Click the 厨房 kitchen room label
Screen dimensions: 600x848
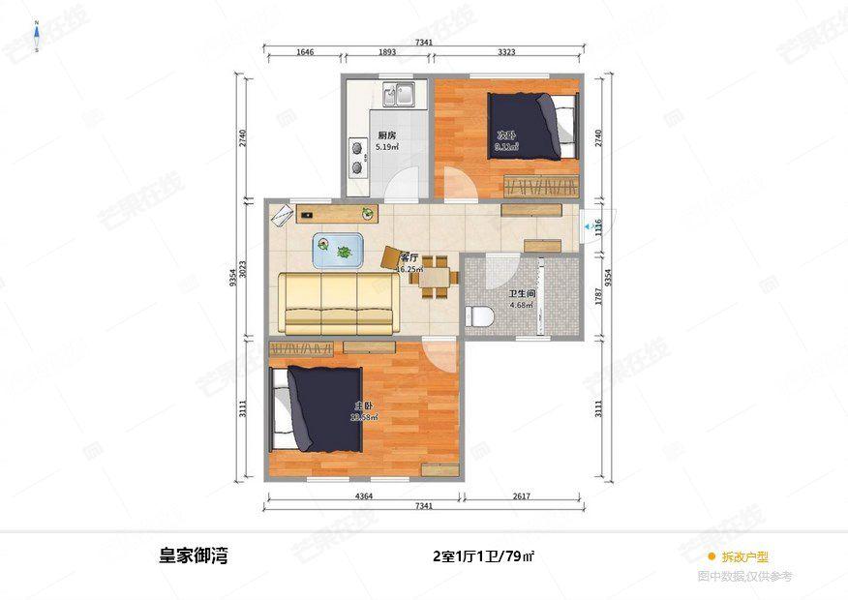pos(387,135)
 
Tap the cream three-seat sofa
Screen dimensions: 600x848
pos(337,302)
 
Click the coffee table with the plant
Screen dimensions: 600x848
pos(338,250)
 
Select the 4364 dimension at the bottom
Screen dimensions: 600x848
pos(363,496)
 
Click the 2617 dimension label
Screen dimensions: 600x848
pos(522,496)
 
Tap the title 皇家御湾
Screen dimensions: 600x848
pos(194,556)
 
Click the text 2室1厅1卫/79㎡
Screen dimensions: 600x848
pos(484,556)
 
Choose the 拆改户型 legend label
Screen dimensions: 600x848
pos(743,556)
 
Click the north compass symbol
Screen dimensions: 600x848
pos(37,37)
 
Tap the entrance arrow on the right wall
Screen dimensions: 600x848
pos(589,230)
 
